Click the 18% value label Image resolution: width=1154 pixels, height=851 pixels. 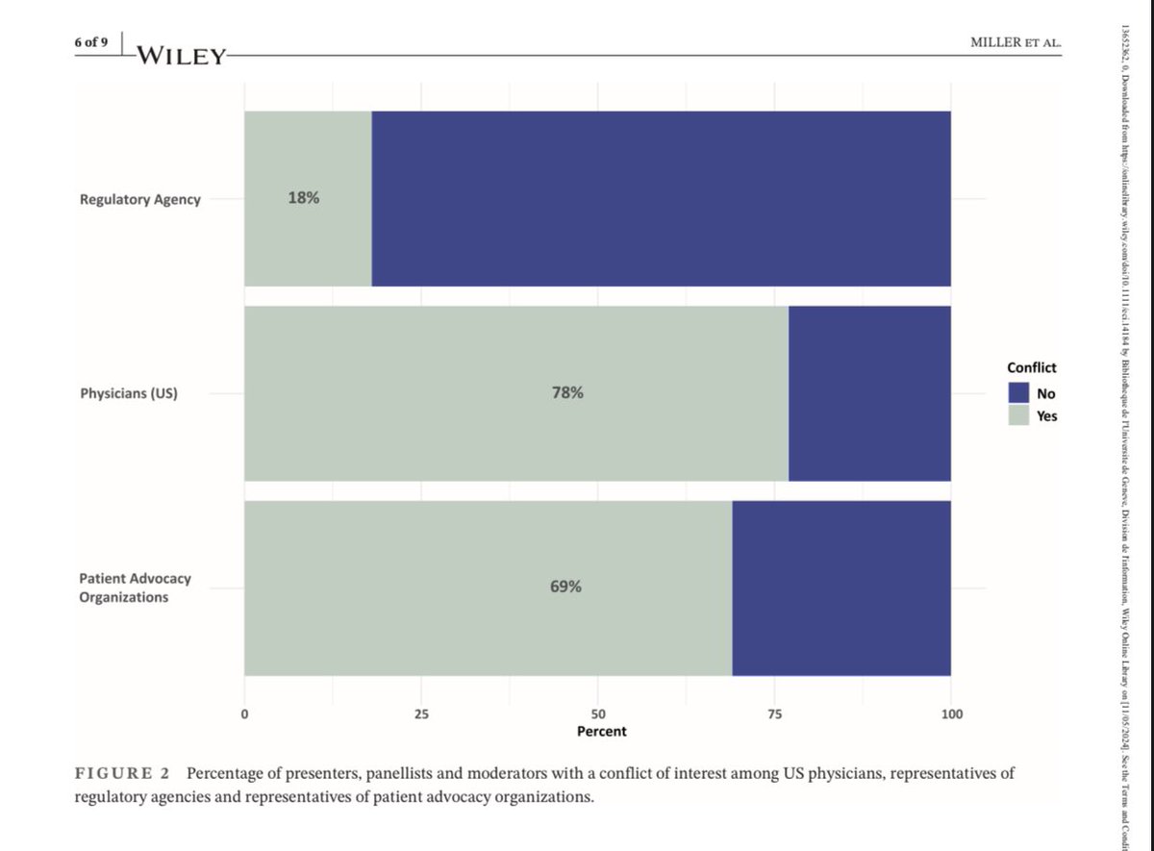click(303, 198)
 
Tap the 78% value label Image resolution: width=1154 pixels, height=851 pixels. click(566, 392)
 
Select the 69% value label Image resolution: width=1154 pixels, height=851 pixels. click(565, 587)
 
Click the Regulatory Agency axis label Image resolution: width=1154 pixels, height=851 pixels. click(140, 200)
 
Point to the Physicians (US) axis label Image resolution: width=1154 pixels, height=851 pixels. click(129, 393)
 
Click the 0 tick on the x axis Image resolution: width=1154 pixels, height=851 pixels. click(244, 714)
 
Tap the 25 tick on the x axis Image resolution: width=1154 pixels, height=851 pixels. click(421, 714)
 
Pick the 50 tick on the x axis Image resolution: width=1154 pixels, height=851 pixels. click(598, 714)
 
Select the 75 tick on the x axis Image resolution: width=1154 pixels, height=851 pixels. click(774, 714)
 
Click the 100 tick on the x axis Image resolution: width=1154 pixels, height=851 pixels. click(951, 714)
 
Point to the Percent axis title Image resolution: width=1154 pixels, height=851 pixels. click(601, 732)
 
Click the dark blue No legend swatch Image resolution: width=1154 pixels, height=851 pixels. click(1019, 392)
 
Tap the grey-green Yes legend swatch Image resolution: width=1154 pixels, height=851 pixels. click(1019, 415)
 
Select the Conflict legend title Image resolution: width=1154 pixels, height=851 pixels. click(1031, 367)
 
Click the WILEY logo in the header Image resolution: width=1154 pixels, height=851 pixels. click(181, 56)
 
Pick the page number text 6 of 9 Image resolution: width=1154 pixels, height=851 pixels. click(92, 42)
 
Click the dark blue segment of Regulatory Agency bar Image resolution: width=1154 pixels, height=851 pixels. click(662, 198)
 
